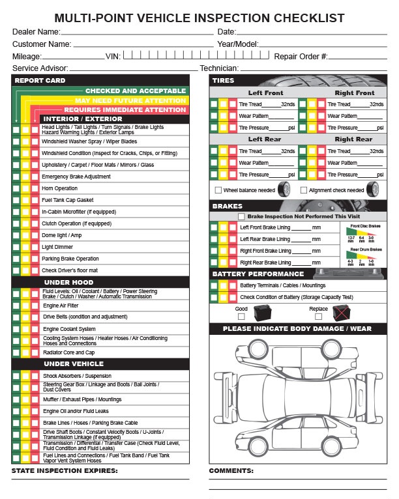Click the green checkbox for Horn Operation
point(16,188)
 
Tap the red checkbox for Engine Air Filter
point(35,305)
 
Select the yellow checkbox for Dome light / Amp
point(25,235)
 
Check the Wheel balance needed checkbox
point(218,190)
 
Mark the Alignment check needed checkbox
point(303,190)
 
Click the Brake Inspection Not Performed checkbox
point(241,216)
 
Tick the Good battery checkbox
point(241,317)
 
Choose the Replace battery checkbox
point(318,317)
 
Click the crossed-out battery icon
point(341,313)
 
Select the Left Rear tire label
point(265,139)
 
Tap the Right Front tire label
point(354,93)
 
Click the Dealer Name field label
point(37,31)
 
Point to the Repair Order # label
point(301,57)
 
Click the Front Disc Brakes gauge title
point(364,225)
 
